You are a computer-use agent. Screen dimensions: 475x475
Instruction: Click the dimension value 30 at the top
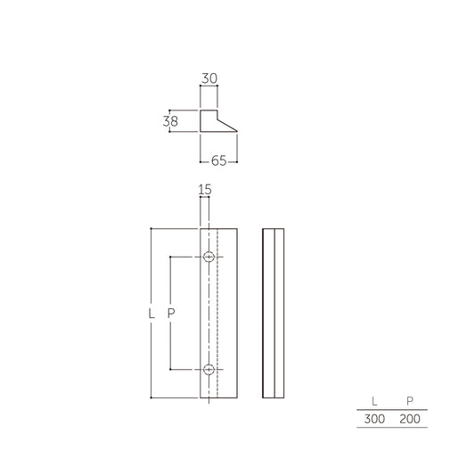[209, 78]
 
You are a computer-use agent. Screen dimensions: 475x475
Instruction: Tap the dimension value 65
[218, 162]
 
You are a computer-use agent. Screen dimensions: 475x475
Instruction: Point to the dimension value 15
[204, 189]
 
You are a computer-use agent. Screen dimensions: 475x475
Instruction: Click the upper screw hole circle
[209, 258]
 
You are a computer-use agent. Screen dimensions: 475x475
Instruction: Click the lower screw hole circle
[209, 369]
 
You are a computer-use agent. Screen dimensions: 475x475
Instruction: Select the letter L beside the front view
[152, 314]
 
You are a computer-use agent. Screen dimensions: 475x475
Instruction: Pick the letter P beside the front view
[170, 314]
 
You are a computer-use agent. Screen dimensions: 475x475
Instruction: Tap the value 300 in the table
[374, 418]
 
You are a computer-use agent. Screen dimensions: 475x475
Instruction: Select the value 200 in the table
[410, 418]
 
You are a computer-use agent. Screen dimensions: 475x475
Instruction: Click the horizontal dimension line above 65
[218, 153]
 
